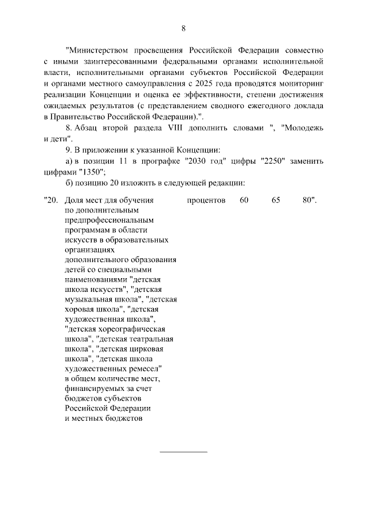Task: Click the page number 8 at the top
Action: [x=183, y=28]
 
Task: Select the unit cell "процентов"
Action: [x=206, y=201]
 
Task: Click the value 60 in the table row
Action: [x=245, y=201]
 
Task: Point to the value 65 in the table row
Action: [x=276, y=201]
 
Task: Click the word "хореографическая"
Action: [x=132, y=329]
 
